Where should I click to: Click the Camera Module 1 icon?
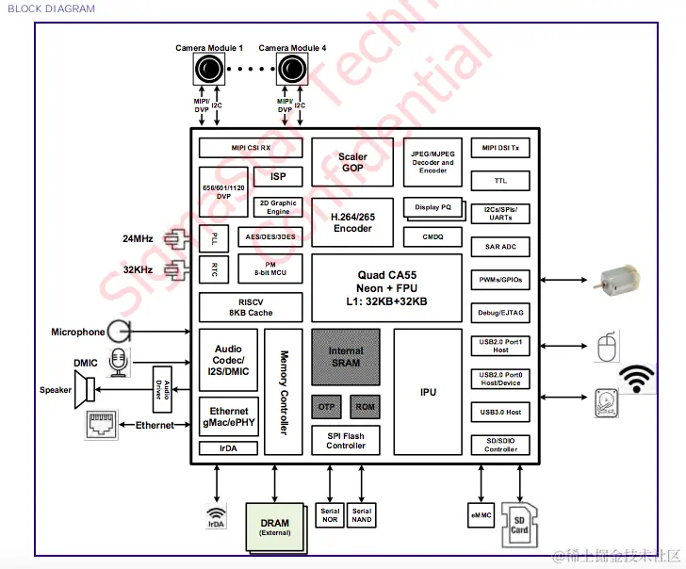(x=208, y=69)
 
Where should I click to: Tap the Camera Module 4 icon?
(x=291, y=69)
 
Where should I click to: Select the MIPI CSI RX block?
(x=251, y=148)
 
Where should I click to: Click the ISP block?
(x=278, y=176)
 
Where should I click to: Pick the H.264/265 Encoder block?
(x=352, y=221)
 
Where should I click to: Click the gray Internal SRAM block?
(x=346, y=357)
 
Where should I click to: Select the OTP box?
(x=327, y=407)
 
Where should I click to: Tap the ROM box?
(x=365, y=407)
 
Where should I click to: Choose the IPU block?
(x=428, y=391)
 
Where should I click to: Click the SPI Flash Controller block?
(x=346, y=440)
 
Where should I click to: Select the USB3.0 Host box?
(x=500, y=412)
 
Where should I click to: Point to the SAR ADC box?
(x=500, y=247)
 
